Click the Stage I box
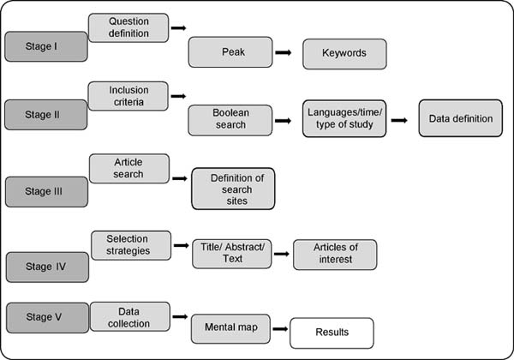click(46, 46)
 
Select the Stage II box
click(46, 115)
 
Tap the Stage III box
click(46, 192)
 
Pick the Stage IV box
click(47, 267)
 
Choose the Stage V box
click(47, 318)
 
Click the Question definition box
click(128, 27)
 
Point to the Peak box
click(230, 52)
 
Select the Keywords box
click(344, 54)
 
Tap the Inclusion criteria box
click(128, 96)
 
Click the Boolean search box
click(230, 120)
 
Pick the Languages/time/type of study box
click(344, 118)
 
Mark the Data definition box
click(461, 118)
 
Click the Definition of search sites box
click(233, 189)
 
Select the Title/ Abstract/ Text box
click(232, 254)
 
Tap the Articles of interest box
click(335, 255)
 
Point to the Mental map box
click(230, 329)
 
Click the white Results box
click(332, 333)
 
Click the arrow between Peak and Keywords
click(284, 52)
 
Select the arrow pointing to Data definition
click(399, 120)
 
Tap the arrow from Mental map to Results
click(280, 329)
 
